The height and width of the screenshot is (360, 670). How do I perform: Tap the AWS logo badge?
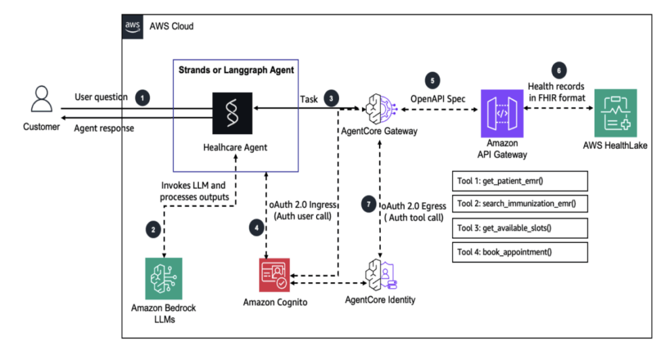point(133,26)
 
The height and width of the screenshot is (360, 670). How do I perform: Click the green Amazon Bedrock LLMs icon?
point(164,279)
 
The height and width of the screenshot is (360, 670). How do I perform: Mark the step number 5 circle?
point(431,80)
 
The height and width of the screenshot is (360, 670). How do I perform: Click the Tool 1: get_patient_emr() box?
point(520,180)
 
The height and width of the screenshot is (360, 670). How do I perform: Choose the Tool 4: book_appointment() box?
point(520,251)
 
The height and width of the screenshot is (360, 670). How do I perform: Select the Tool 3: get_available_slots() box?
point(520,228)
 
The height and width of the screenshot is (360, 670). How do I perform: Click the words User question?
point(101,97)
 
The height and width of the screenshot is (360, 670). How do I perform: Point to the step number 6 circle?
point(559,69)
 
